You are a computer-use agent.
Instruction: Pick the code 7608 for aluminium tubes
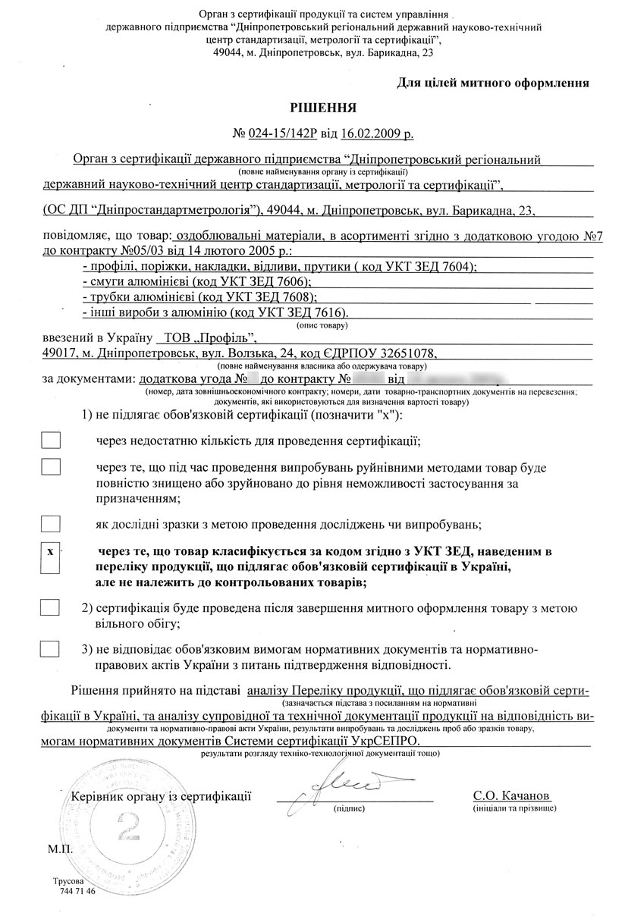click(x=293, y=296)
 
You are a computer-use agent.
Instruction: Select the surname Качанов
click(x=523, y=795)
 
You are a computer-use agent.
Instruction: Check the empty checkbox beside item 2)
click(x=50, y=607)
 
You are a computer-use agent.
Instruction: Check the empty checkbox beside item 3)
click(x=50, y=649)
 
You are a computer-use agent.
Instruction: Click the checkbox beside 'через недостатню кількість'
click(x=50, y=440)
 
